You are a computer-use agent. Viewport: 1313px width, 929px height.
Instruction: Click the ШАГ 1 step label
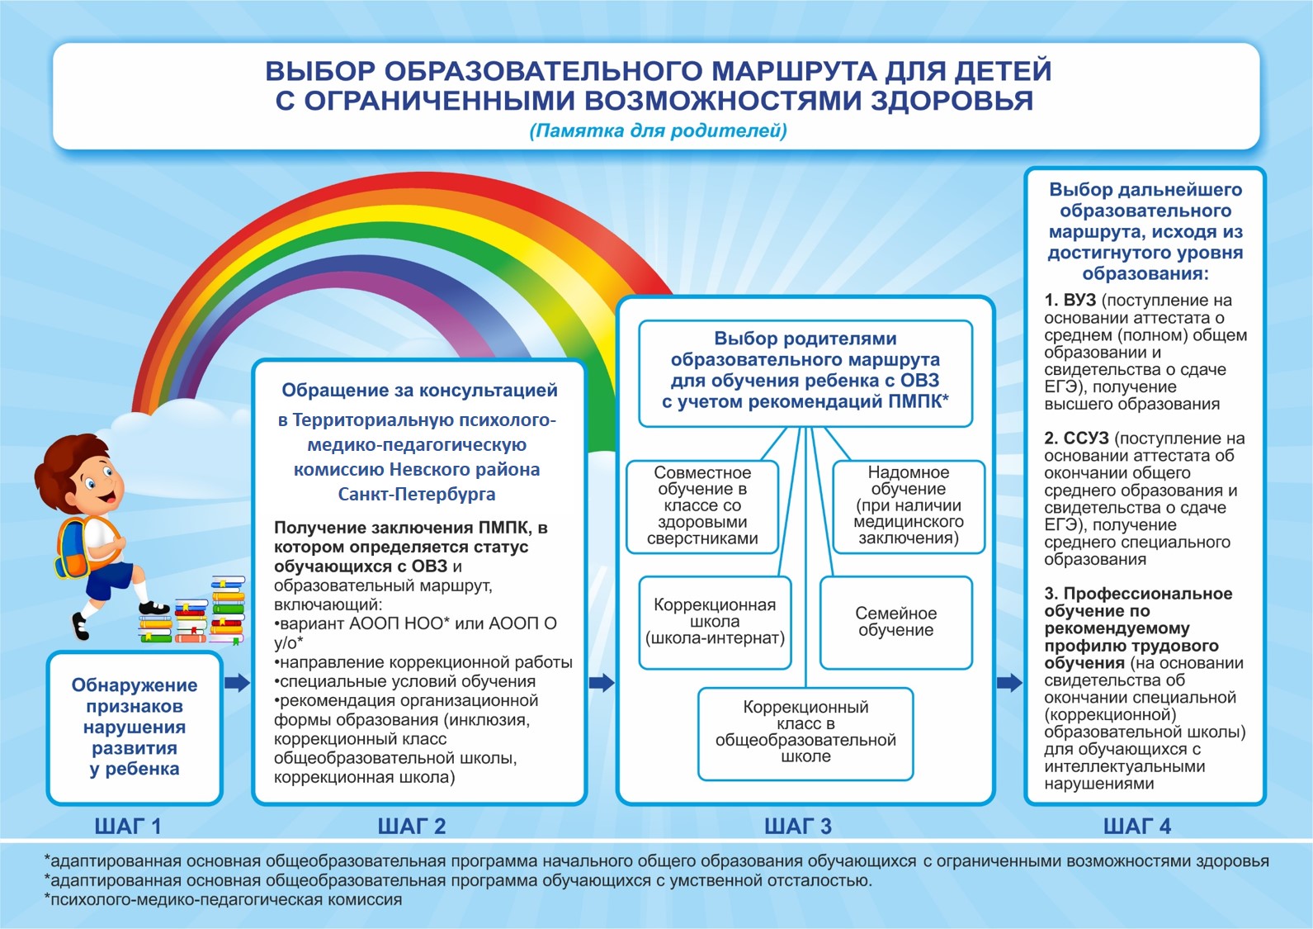[x=128, y=826]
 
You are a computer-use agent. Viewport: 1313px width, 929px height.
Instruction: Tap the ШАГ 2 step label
[x=411, y=826]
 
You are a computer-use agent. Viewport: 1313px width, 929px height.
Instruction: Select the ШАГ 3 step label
[x=797, y=826]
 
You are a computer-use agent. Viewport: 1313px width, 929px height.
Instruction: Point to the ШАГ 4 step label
[x=1136, y=826]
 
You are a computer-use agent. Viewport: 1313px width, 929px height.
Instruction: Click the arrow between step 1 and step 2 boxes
[x=237, y=682]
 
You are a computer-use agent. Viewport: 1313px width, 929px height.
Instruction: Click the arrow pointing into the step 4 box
[x=1009, y=682]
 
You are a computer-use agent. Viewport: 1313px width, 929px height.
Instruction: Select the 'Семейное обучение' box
[x=895, y=622]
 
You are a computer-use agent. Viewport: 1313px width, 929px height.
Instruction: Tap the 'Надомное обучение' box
[x=908, y=505]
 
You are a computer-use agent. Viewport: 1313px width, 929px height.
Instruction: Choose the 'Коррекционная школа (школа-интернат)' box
[x=715, y=622]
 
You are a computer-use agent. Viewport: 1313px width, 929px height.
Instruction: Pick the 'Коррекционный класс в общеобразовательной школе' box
[x=805, y=732]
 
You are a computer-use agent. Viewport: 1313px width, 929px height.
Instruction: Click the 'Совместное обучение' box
[x=702, y=505]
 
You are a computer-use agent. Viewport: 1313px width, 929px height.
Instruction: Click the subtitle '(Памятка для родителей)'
[x=658, y=130]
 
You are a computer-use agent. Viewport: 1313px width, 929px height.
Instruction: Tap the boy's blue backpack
[x=71, y=549]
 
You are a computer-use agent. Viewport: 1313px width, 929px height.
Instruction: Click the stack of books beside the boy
[x=195, y=613]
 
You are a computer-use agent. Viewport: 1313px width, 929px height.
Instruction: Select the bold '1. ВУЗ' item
[x=1070, y=301]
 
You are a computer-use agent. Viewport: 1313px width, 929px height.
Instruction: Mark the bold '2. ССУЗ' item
[x=1076, y=438]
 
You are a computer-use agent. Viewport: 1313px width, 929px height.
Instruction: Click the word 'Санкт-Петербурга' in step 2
[x=417, y=494]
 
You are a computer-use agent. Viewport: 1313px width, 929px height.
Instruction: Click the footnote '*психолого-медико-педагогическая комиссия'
[x=223, y=899]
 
